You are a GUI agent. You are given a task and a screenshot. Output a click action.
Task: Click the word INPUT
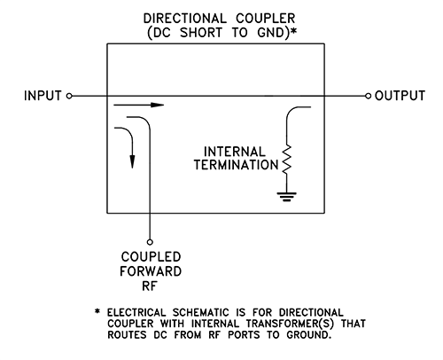pyautogui.click(x=41, y=94)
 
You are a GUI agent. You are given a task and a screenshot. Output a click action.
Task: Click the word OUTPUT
pyautogui.click(x=403, y=94)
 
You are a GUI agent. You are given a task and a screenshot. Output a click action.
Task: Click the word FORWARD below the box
pyautogui.click(x=151, y=272)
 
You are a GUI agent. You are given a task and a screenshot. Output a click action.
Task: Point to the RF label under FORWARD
pyautogui.click(x=151, y=287)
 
